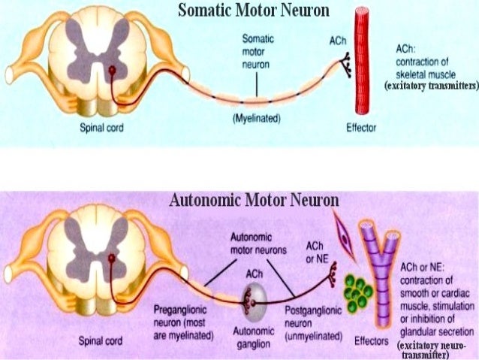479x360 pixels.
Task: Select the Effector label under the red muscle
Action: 360,128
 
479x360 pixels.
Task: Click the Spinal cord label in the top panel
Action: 101,128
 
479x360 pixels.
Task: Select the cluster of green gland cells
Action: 359,292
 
